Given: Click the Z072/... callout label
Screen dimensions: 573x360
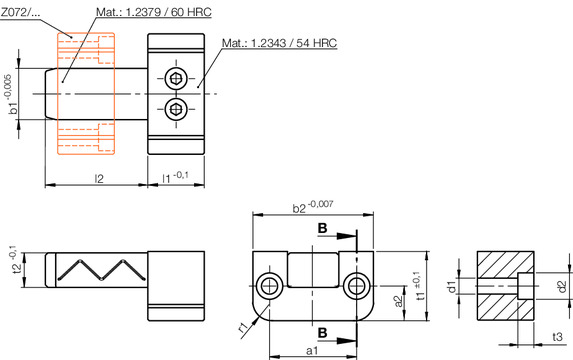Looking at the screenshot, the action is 20,12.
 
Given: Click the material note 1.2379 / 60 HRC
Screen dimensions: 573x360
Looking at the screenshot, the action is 154,12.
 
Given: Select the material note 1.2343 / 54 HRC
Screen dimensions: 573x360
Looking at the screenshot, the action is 280,43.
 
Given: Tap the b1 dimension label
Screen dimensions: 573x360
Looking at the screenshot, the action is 14,109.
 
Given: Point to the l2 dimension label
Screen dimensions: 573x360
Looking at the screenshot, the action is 99,178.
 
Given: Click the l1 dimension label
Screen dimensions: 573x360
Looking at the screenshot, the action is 167,178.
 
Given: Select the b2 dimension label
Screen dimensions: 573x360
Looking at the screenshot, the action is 299,208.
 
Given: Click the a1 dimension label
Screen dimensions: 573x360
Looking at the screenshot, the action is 312,351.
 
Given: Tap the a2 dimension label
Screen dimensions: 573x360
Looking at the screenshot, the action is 399,301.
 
